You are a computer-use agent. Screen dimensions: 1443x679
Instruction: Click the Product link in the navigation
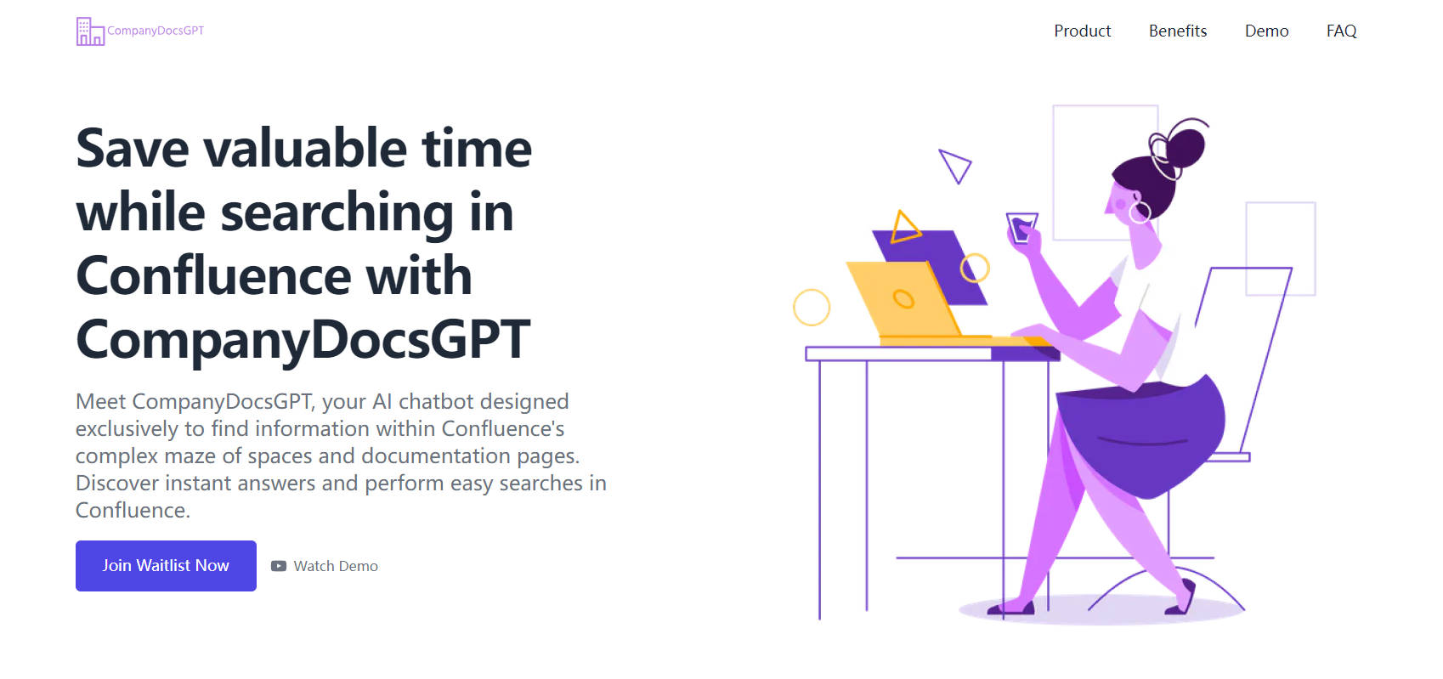[x=1083, y=31]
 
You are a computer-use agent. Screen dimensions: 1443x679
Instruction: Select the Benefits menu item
[x=1178, y=31]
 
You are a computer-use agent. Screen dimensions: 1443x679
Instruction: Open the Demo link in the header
[x=1266, y=31]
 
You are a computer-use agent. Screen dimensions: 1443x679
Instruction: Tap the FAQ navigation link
[x=1341, y=31]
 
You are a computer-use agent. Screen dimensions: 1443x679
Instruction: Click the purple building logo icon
[x=90, y=31]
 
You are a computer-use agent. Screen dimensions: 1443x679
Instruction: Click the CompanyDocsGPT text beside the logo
[x=156, y=31]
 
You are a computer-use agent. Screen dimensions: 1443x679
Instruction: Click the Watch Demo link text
[x=336, y=566]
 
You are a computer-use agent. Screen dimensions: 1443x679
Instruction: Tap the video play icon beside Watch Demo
[x=278, y=566]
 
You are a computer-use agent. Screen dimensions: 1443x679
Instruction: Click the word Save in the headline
[x=132, y=148]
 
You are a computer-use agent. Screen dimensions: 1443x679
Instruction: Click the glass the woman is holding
[x=1021, y=228]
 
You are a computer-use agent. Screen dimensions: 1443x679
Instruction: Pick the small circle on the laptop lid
[x=903, y=299]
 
